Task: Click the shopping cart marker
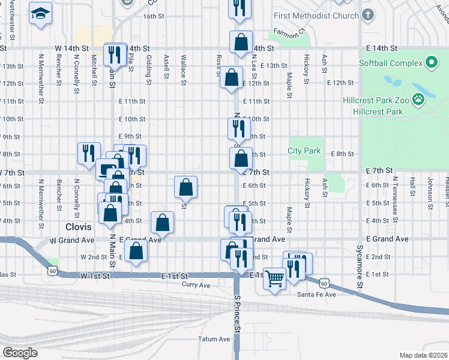[274, 278]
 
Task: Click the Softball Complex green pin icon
[430, 62]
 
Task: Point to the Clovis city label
[79, 227]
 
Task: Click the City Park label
[304, 151]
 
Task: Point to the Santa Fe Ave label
[317, 295]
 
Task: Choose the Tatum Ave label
[214, 339]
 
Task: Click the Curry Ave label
[197, 284]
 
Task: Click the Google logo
[20, 353]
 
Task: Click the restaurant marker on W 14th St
[113, 55]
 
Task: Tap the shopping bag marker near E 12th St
[231, 78]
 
